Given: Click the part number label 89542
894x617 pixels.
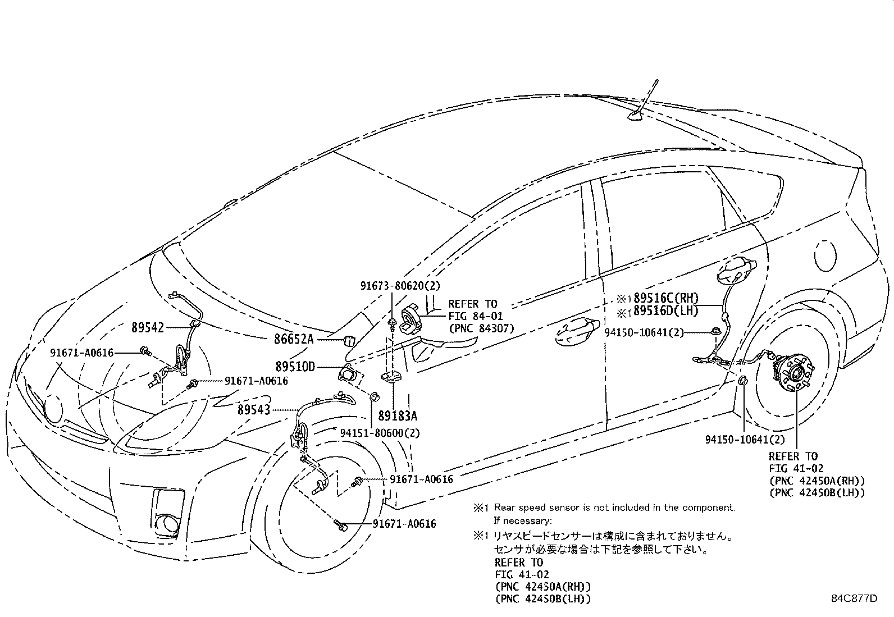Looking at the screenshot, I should tap(148, 327).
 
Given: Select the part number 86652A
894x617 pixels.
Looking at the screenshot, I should tap(294, 339).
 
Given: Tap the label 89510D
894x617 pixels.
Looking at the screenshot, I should tap(294, 367).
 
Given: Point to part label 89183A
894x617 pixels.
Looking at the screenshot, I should tap(398, 416).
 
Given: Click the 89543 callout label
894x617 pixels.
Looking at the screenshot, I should tap(253, 410).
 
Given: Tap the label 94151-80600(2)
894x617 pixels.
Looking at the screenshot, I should tap(380, 433).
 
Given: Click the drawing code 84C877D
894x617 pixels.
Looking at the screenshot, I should tap(854, 598).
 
